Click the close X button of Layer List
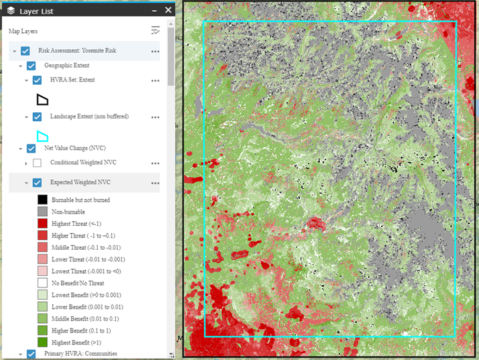(x=168, y=10)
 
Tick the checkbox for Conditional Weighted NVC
(x=37, y=163)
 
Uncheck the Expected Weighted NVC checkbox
(x=37, y=183)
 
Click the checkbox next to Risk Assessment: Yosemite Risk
(x=25, y=51)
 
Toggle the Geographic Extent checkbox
(x=31, y=66)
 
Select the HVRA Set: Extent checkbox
(x=37, y=80)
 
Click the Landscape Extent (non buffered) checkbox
(x=37, y=117)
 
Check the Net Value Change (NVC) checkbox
(x=31, y=148)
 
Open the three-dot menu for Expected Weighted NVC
(x=155, y=183)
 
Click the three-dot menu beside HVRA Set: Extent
(x=155, y=80)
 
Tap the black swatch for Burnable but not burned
(x=42, y=200)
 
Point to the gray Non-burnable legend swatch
(x=42, y=212)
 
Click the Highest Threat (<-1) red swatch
(x=42, y=224)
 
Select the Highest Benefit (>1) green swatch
(x=42, y=341)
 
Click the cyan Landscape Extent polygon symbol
(x=42, y=136)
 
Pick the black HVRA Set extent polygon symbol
(x=42, y=99)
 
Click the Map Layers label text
(x=23, y=31)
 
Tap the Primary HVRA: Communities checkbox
(x=31, y=354)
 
